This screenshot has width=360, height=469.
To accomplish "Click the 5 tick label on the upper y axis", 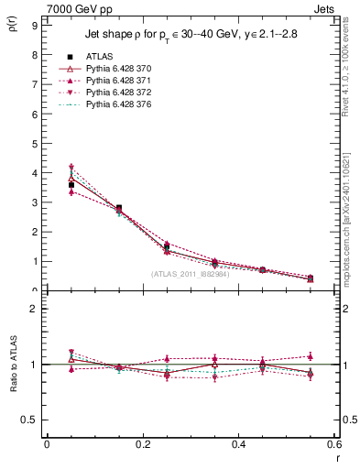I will (x=34, y=143).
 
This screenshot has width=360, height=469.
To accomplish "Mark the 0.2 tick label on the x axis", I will (x=142, y=443).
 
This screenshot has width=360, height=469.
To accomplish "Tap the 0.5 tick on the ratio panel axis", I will (x=30, y=420).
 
